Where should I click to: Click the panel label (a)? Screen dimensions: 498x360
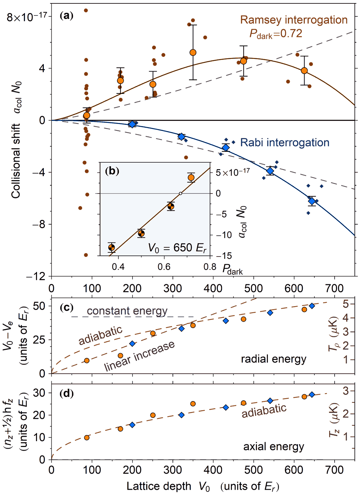click(x=66, y=15)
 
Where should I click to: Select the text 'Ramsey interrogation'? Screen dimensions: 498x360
click(x=294, y=20)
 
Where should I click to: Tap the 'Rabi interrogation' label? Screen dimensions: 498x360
click(x=285, y=142)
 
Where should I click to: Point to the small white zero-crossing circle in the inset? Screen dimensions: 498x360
click(x=181, y=194)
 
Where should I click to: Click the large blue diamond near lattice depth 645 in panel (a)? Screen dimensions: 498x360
click(x=312, y=201)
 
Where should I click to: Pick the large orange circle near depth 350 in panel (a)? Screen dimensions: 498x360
click(x=193, y=52)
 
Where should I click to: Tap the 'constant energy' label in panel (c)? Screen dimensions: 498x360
click(x=127, y=311)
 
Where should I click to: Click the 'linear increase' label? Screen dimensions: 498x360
click(x=139, y=356)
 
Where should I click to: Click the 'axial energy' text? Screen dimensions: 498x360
click(x=274, y=447)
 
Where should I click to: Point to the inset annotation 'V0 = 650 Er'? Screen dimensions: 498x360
click(x=177, y=248)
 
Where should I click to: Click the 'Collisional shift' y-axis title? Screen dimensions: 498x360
click(x=16, y=161)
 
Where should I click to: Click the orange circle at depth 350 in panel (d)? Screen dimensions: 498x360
click(x=193, y=404)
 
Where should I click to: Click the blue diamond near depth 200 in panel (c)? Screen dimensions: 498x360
click(x=133, y=344)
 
